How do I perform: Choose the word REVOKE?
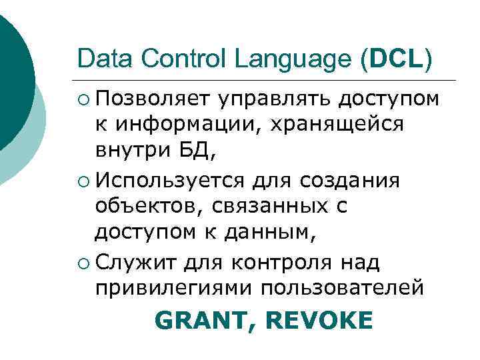[319, 321]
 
